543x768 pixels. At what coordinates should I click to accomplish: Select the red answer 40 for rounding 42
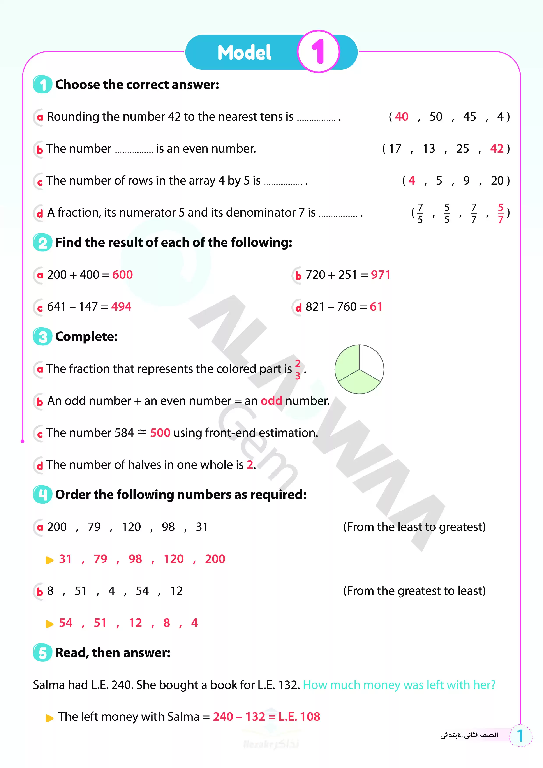402,116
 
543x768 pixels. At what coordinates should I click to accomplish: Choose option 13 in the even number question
428,148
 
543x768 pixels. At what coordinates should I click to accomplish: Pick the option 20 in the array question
497,181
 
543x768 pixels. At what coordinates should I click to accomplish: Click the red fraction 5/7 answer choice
501,213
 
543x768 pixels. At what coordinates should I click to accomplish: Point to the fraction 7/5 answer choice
420,213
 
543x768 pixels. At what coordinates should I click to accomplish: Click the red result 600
122,275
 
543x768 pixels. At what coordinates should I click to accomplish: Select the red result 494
121,306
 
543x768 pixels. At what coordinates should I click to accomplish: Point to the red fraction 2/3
297,369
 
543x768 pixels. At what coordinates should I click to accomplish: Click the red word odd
271,401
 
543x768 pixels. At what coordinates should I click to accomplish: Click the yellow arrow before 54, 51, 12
49,624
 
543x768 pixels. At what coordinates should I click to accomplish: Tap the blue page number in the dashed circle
520,736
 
